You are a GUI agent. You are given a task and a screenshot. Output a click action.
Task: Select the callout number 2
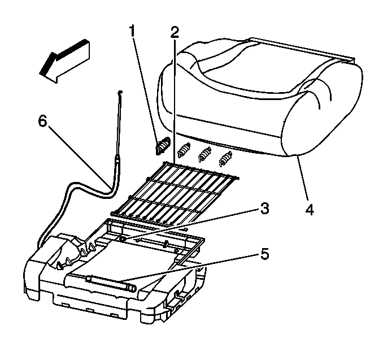(x=175, y=32)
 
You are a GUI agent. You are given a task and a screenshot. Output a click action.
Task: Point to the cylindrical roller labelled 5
(x=110, y=280)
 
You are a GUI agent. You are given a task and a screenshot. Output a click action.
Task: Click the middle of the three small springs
(x=204, y=152)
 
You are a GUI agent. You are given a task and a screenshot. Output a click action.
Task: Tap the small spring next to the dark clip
(x=182, y=150)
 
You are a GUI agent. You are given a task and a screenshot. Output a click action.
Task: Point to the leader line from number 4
(x=302, y=179)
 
